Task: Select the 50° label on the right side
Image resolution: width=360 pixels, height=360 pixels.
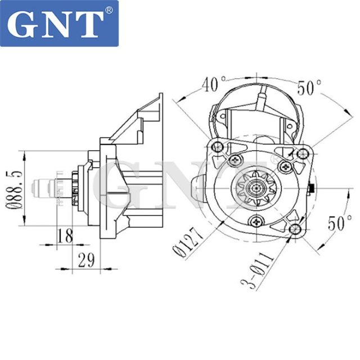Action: pyautogui.click(x=339, y=223)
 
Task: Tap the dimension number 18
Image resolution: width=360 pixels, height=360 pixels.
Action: pyautogui.click(x=66, y=236)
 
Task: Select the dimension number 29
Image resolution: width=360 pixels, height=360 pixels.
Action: pyautogui.click(x=85, y=259)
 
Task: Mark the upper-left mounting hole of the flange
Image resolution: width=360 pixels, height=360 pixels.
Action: pyautogui.click(x=219, y=148)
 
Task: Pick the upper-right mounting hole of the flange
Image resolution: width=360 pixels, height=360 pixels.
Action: pyautogui.click(x=303, y=153)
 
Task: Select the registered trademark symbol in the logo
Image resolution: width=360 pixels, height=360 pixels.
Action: pyautogui.click(x=109, y=10)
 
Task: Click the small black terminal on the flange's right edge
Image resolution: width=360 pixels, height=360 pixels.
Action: pyautogui.click(x=313, y=187)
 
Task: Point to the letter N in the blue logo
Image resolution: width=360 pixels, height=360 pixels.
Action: pyautogui.click(x=58, y=23)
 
